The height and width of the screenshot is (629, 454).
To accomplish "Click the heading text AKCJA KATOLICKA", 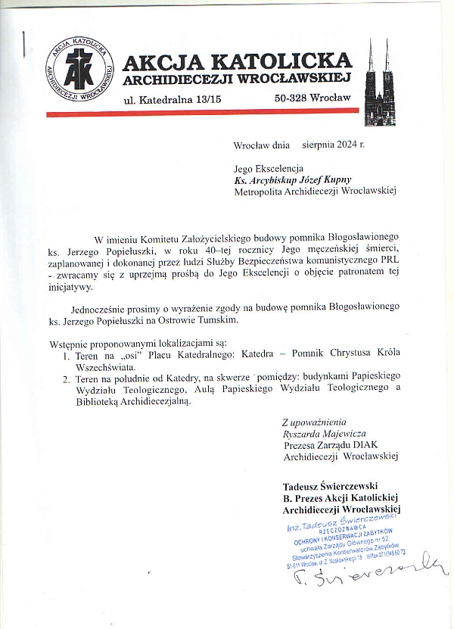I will [237, 61].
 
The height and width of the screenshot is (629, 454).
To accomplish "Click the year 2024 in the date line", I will [344, 142].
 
